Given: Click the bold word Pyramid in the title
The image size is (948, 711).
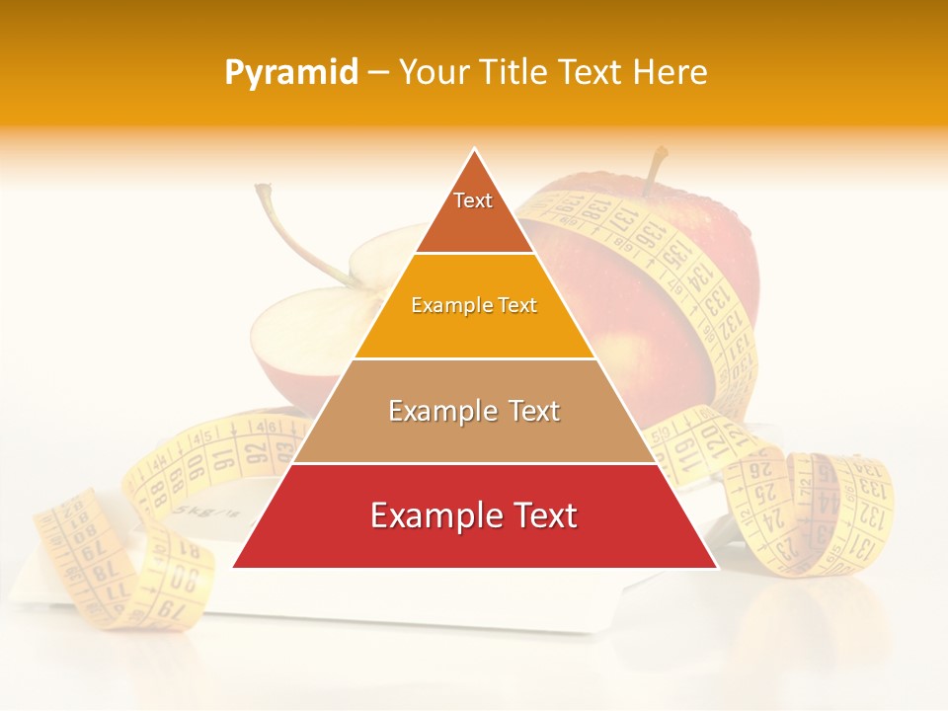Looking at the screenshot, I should click(291, 73).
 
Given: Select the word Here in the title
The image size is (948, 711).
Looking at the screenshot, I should click(671, 72).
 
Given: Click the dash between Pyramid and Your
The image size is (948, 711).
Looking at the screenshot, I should click(378, 73).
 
